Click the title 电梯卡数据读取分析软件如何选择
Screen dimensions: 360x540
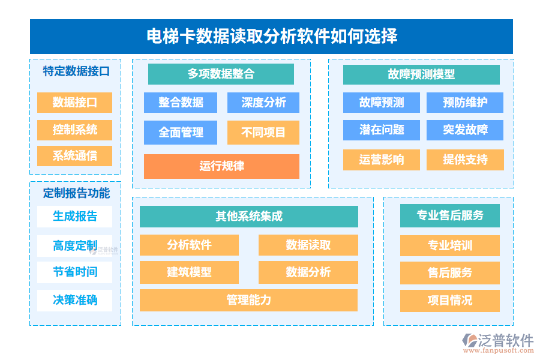point(271,37)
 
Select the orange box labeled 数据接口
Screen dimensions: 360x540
point(74,103)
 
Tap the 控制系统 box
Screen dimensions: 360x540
point(74,130)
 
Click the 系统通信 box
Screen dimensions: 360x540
point(74,156)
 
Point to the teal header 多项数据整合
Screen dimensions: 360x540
point(221,74)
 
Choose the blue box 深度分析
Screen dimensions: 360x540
point(263,103)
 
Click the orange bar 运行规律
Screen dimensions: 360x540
point(221,166)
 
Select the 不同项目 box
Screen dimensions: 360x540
point(263,133)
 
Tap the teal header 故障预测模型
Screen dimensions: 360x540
point(421,74)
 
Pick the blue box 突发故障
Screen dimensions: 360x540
point(464,130)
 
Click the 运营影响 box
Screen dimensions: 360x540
point(381,160)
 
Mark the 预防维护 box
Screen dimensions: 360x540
point(464,103)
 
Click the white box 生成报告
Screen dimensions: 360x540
point(74,216)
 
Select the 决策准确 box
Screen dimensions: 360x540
point(74,300)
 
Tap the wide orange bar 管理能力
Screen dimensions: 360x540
point(248,300)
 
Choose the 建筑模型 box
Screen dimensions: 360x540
point(189,272)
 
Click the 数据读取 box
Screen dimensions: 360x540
point(308,245)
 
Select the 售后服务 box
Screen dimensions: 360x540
point(449,273)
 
